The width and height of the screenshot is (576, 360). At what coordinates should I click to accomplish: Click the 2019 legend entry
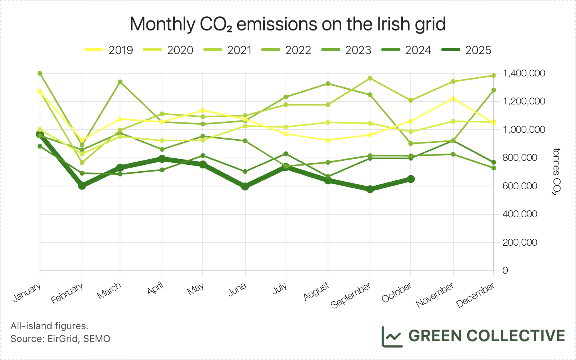coord(109,50)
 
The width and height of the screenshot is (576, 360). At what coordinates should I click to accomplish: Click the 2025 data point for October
coord(410,179)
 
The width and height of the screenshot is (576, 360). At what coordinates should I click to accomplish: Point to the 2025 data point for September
coord(370,189)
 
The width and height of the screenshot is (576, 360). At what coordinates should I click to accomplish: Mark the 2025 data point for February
coord(82,185)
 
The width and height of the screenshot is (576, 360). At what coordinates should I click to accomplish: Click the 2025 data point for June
coord(245,186)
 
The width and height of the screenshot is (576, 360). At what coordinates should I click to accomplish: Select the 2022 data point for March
coord(120,82)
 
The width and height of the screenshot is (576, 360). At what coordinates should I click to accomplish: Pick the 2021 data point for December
coord(494,76)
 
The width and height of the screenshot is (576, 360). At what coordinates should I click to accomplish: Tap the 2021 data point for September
coord(370,78)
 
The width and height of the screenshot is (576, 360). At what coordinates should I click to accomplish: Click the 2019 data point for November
coord(453,98)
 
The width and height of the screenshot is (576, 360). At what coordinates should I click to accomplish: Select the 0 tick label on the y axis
coord(505,270)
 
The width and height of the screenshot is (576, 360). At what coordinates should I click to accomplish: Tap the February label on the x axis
coord(67,293)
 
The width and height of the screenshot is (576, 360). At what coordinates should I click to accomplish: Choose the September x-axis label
coord(351,296)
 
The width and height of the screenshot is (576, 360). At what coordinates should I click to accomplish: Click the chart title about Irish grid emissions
coord(288,24)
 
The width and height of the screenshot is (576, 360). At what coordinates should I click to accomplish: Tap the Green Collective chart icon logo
coord(391,336)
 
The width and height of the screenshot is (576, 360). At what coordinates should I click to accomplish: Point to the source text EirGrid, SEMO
coord(60,339)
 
